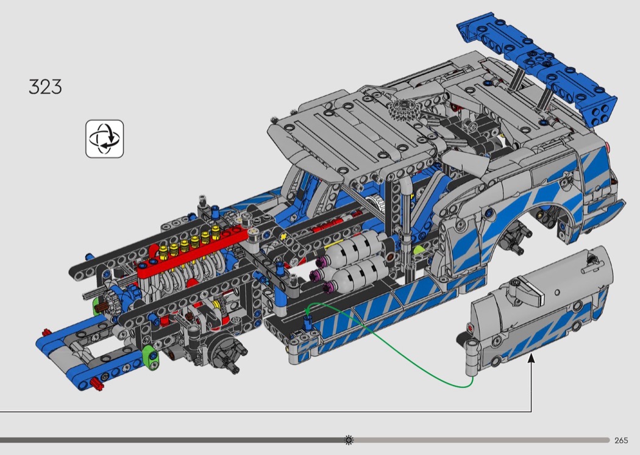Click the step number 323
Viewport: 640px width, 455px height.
tap(45, 87)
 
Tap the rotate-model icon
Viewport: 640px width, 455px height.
tap(104, 139)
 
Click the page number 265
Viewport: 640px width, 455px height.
tap(621, 440)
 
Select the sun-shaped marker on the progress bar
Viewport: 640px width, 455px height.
tap(349, 440)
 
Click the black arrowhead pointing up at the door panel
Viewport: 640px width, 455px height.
tap(531, 359)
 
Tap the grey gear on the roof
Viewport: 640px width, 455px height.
tap(404, 109)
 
